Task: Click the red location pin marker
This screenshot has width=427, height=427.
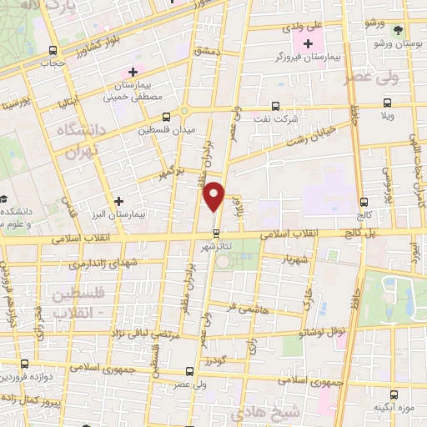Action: (x=214, y=197)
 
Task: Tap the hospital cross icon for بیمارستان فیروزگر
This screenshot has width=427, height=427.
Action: (x=309, y=43)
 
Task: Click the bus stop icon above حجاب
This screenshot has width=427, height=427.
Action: (x=54, y=49)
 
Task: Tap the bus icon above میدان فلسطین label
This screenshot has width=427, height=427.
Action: (x=166, y=116)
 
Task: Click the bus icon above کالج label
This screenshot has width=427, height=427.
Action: (x=364, y=202)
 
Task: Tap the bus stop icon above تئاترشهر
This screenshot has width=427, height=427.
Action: (x=216, y=233)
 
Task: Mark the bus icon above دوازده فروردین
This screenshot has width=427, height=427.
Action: (x=24, y=364)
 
